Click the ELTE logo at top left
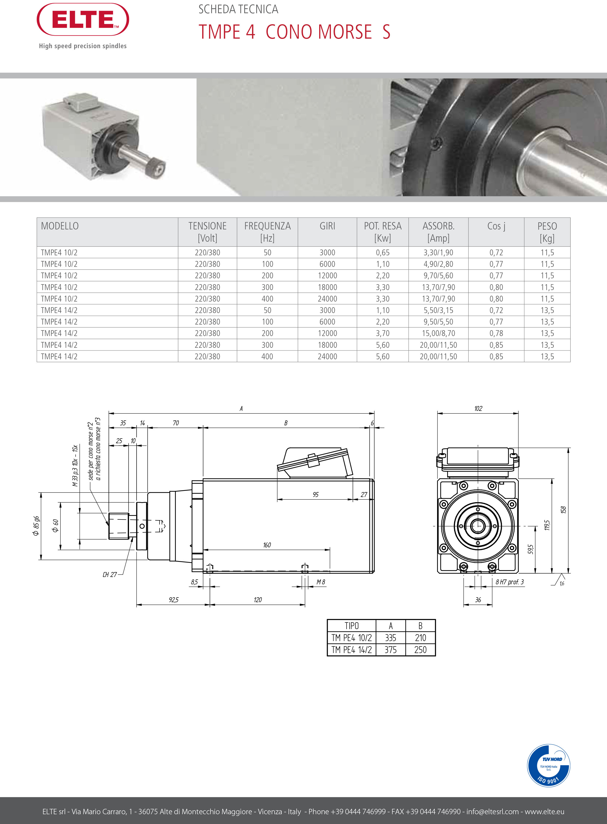click(x=83, y=20)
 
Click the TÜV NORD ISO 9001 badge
click(x=548, y=766)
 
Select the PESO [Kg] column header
click(x=547, y=232)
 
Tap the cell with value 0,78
click(x=496, y=333)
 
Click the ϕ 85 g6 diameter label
click(x=36, y=526)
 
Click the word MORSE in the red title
click(x=344, y=32)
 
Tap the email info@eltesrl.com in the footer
click(x=492, y=811)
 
